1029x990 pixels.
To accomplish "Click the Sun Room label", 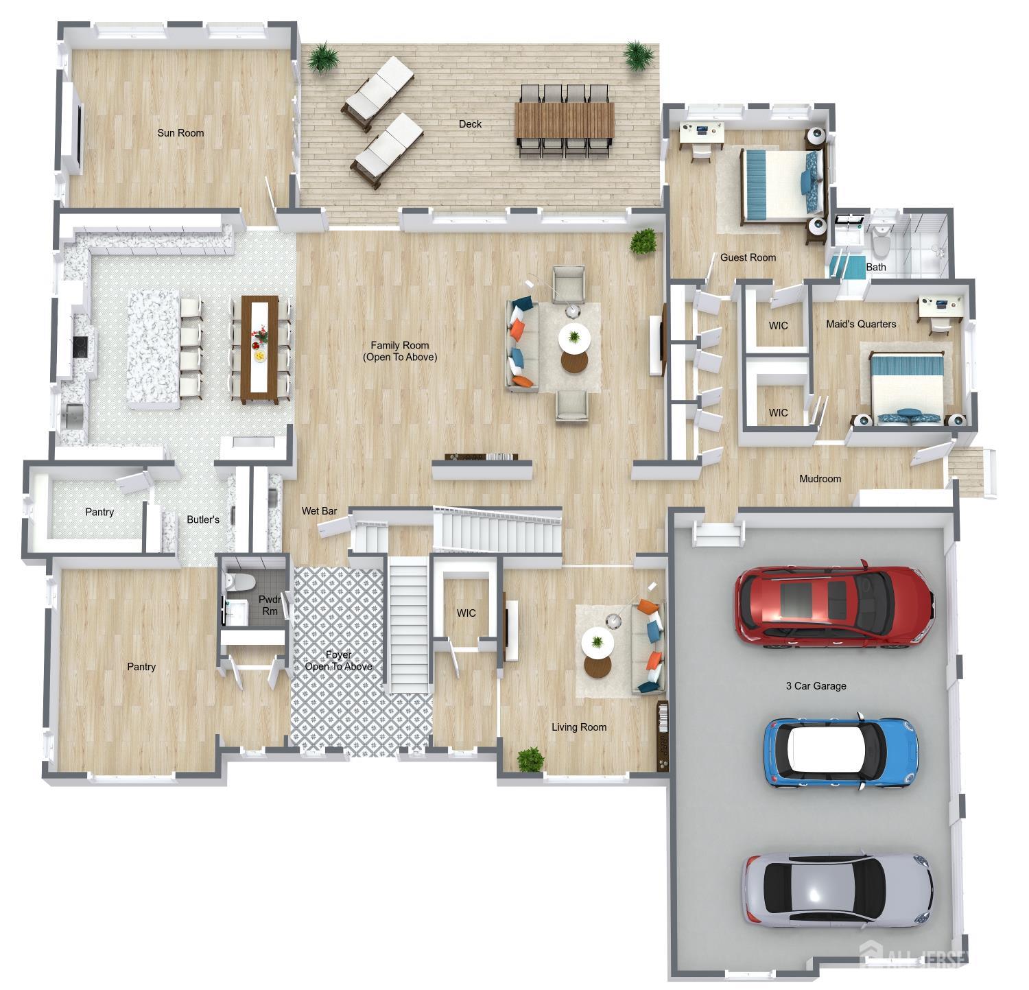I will click(x=180, y=133).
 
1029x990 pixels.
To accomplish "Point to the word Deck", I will click(x=470, y=124).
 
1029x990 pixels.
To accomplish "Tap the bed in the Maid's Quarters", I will click(x=907, y=384).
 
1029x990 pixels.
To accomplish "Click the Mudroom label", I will click(x=820, y=479).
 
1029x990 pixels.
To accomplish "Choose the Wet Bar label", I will click(x=319, y=511).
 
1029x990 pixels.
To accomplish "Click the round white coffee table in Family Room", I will click(x=573, y=337).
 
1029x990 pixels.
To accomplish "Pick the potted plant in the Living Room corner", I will click(x=530, y=759).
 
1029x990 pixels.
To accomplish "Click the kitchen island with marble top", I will click(x=153, y=349).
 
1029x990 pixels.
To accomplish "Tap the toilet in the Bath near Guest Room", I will click(x=881, y=242).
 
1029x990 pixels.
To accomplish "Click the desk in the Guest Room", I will click(x=702, y=133).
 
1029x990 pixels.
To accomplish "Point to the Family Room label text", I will click(x=400, y=351).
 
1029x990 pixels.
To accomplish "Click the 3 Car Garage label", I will click(x=816, y=685).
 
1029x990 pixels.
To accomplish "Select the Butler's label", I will click(x=203, y=519).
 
